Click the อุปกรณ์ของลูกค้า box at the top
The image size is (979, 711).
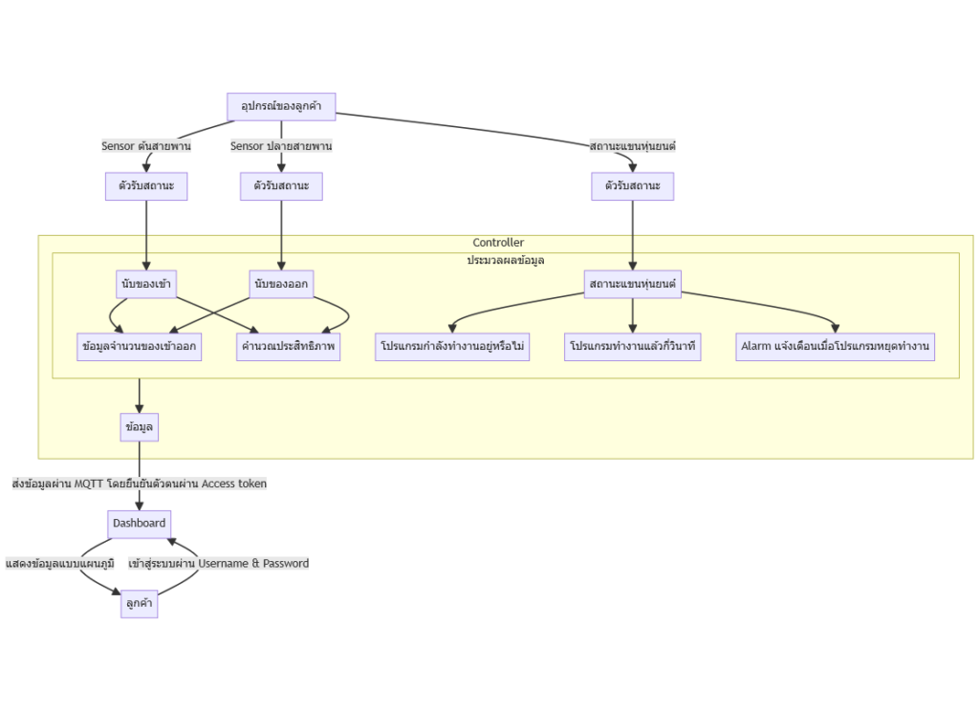281,106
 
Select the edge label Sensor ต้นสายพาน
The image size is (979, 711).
146,146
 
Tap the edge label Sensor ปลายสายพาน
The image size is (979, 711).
281,146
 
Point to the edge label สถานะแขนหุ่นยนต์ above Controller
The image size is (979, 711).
633,146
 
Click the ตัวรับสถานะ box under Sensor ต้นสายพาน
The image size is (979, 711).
146,186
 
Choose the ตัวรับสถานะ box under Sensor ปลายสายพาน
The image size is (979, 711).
281,186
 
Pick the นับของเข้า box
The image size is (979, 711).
146,284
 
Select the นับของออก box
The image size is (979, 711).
281,284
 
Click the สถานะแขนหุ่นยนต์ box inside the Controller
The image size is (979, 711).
633,284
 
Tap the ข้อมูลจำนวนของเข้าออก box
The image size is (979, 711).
140,347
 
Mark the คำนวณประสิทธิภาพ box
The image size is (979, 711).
288,347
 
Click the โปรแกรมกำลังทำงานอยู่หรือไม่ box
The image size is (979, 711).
452,347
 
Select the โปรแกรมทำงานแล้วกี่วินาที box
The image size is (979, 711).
633,347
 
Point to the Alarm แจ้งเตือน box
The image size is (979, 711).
835,347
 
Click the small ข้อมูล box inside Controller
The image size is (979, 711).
140,427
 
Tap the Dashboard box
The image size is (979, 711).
140,524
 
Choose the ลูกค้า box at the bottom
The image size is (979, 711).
140,604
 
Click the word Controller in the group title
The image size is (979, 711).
498,243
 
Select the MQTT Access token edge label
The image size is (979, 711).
140,484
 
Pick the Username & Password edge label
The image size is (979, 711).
219,564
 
